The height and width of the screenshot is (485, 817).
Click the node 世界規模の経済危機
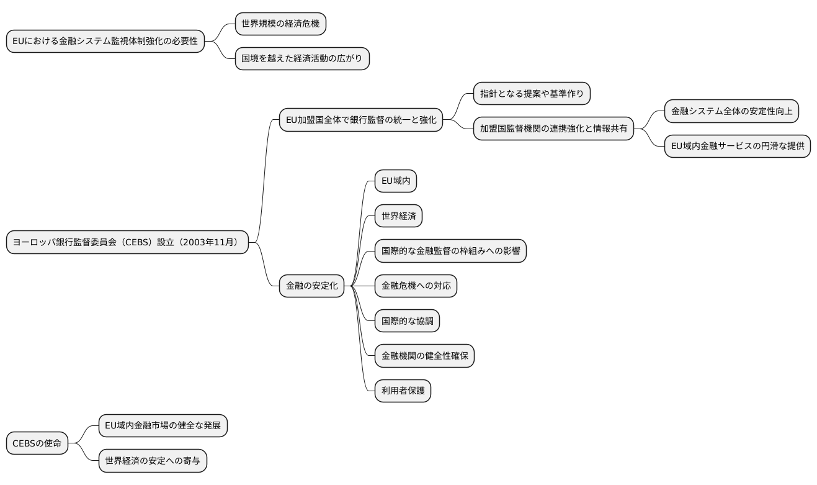click(280, 24)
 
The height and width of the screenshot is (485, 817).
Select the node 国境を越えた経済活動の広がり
click(302, 59)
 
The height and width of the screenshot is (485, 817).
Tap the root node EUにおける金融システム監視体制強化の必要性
click(105, 42)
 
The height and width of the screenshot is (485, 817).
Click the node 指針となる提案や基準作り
click(532, 94)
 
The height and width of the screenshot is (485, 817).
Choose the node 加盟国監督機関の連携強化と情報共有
click(553, 129)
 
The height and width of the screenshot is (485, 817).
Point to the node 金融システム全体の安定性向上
click(731, 111)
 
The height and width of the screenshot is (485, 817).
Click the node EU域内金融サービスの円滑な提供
click(738, 146)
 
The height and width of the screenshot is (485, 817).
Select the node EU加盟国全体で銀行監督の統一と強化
click(361, 119)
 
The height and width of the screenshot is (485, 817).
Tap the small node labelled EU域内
click(395, 181)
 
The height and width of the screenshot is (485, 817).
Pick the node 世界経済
click(399, 216)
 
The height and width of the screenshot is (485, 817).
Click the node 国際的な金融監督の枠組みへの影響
click(450, 251)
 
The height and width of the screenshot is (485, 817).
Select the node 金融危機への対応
click(416, 286)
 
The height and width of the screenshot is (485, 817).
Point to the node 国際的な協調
click(407, 320)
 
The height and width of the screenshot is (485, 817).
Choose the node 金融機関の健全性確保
click(424, 356)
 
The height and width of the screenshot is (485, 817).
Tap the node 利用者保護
click(403, 391)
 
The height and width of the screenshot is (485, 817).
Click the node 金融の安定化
click(311, 286)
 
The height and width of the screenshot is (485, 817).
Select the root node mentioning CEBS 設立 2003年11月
click(127, 242)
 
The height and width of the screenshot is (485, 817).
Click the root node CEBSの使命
click(37, 443)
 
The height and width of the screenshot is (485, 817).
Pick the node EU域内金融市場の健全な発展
click(163, 426)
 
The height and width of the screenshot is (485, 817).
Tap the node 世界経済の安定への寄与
click(153, 461)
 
